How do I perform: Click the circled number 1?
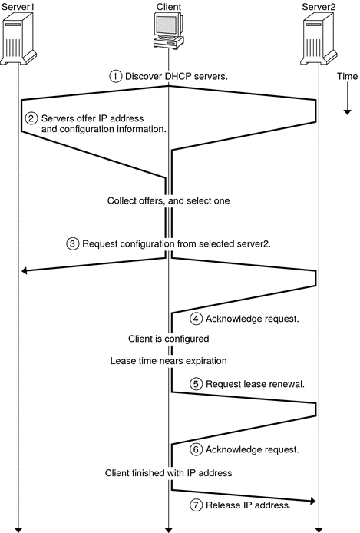(x=116, y=76)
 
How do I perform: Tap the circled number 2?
(x=31, y=118)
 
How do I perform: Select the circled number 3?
(x=73, y=244)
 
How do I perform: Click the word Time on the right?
(x=347, y=78)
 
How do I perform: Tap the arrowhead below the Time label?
(x=347, y=111)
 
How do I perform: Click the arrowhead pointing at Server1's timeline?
(x=25, y=270)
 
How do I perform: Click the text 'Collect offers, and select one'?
(x=168, y=201)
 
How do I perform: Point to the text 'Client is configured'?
(x=168, y=338)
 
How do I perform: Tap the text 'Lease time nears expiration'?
(x=168, y=359)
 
